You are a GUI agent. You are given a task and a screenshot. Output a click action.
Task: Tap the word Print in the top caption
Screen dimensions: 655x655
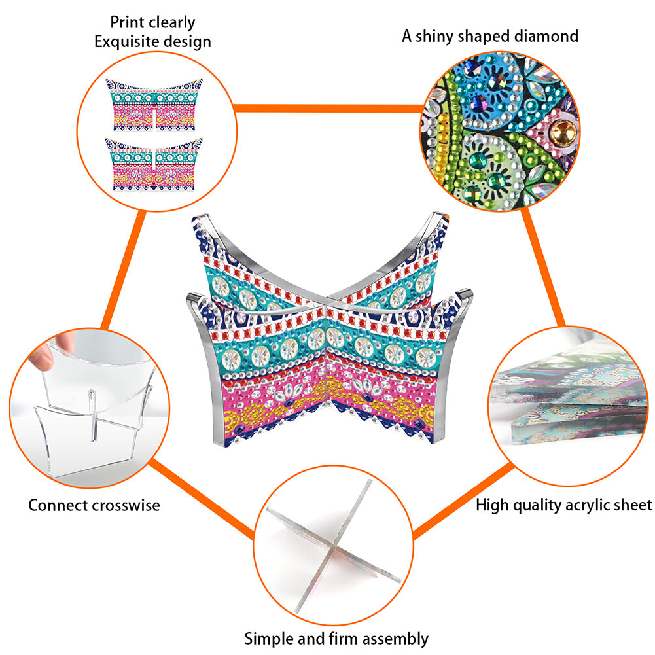coord(124,22)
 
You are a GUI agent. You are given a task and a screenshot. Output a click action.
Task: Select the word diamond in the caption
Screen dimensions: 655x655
coord(546,37)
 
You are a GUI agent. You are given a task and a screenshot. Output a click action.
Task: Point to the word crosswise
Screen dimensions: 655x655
coord(126,505)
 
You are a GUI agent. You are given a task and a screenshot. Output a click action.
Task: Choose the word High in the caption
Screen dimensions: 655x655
coord(492,505)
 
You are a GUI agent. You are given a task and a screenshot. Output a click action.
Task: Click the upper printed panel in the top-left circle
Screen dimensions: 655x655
coord(154,105)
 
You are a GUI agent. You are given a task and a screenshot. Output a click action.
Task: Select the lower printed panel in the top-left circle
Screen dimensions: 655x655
coord(154,164)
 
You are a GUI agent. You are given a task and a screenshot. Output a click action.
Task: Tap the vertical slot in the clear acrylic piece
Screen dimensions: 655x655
coord(92,416)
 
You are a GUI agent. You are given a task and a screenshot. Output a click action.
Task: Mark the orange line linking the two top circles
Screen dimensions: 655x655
coord(328,109)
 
